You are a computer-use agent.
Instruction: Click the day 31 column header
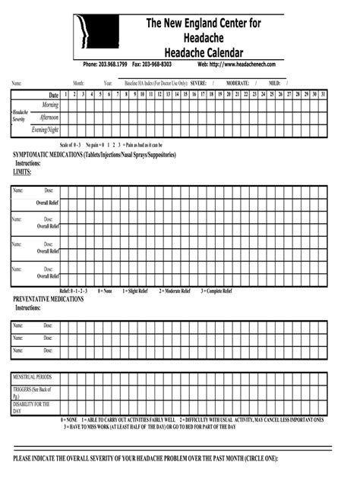pos(324,93)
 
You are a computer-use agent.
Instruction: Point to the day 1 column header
pos(66,93)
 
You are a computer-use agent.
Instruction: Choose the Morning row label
pos(49,105)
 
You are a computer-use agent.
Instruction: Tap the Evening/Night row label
pos(45,130)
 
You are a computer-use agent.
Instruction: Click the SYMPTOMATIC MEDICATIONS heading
pos(95,155)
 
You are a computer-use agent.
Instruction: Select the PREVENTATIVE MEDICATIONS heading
pos(48,300)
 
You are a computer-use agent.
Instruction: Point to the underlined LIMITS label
pos(22,172)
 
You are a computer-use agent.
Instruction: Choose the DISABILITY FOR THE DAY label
pos(30,408)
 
